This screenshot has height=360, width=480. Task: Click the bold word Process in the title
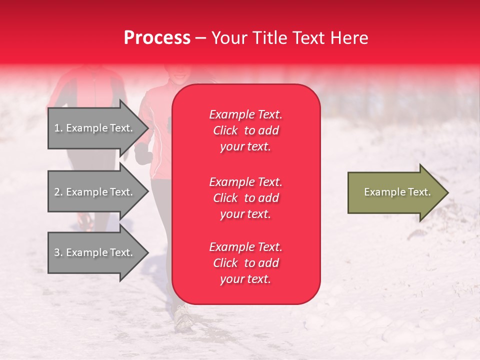point(157,38)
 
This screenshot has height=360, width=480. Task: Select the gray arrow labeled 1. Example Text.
point(95,128)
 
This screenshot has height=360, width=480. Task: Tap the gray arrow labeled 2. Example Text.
point(95,192)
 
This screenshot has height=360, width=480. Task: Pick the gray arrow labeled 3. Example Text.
point(95,252)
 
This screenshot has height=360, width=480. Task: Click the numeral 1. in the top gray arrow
point(58,128)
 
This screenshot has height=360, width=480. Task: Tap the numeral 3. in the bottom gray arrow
point(58,252)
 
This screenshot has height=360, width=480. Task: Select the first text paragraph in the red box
point(245,130)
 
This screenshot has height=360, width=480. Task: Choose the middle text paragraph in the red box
point(245,198)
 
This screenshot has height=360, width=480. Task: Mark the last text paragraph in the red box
point(245,263)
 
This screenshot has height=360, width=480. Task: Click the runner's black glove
point(143,153)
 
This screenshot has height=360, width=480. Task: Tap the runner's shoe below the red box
point(183,317)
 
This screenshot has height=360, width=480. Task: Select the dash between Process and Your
point(200,38)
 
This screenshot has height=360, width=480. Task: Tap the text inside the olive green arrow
point(397,192)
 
